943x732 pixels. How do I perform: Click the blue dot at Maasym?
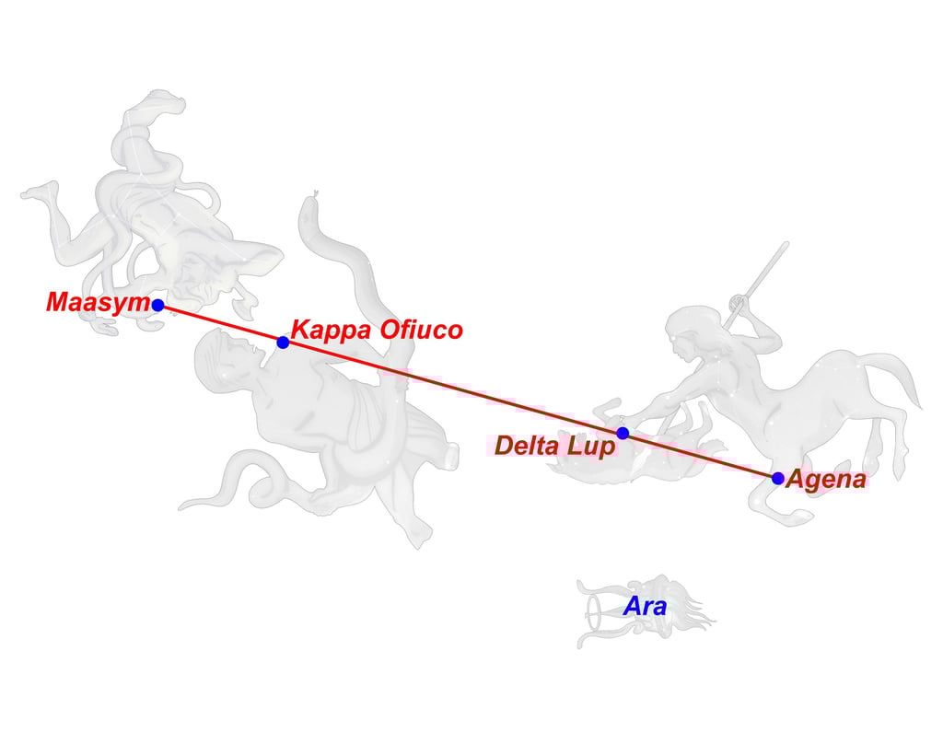point(157,305)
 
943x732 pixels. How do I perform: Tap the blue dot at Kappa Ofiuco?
point(283,343)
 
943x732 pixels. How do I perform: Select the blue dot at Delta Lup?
point(623,433)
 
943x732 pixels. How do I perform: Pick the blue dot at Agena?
point(778,478)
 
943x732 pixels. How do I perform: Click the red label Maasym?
point(97,302)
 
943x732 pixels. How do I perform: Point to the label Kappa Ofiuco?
point(376,330)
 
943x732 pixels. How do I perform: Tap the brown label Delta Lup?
point(554,446)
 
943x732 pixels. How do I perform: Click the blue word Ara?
point(645,607)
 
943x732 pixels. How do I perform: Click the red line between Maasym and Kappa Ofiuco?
point(220,323)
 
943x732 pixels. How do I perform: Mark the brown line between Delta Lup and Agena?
point(700,456)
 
